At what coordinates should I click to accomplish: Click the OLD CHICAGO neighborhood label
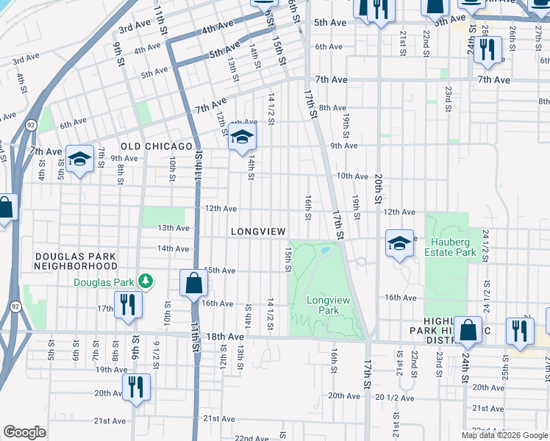point(151,147)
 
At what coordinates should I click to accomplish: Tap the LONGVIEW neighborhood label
point(257,232)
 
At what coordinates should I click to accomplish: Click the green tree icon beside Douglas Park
point(146,282)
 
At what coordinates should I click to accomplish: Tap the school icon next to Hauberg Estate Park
point(399,243)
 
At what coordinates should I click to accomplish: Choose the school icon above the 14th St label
point(241,137)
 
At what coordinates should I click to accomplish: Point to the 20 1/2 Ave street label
point(395,398)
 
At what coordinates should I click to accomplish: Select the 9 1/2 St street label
point(156,354)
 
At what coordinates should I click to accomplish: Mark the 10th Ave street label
point(352,176)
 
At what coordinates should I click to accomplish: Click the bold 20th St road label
point(378,190)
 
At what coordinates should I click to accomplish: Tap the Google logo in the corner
point(25,432)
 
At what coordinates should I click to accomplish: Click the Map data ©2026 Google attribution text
point(504,435)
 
